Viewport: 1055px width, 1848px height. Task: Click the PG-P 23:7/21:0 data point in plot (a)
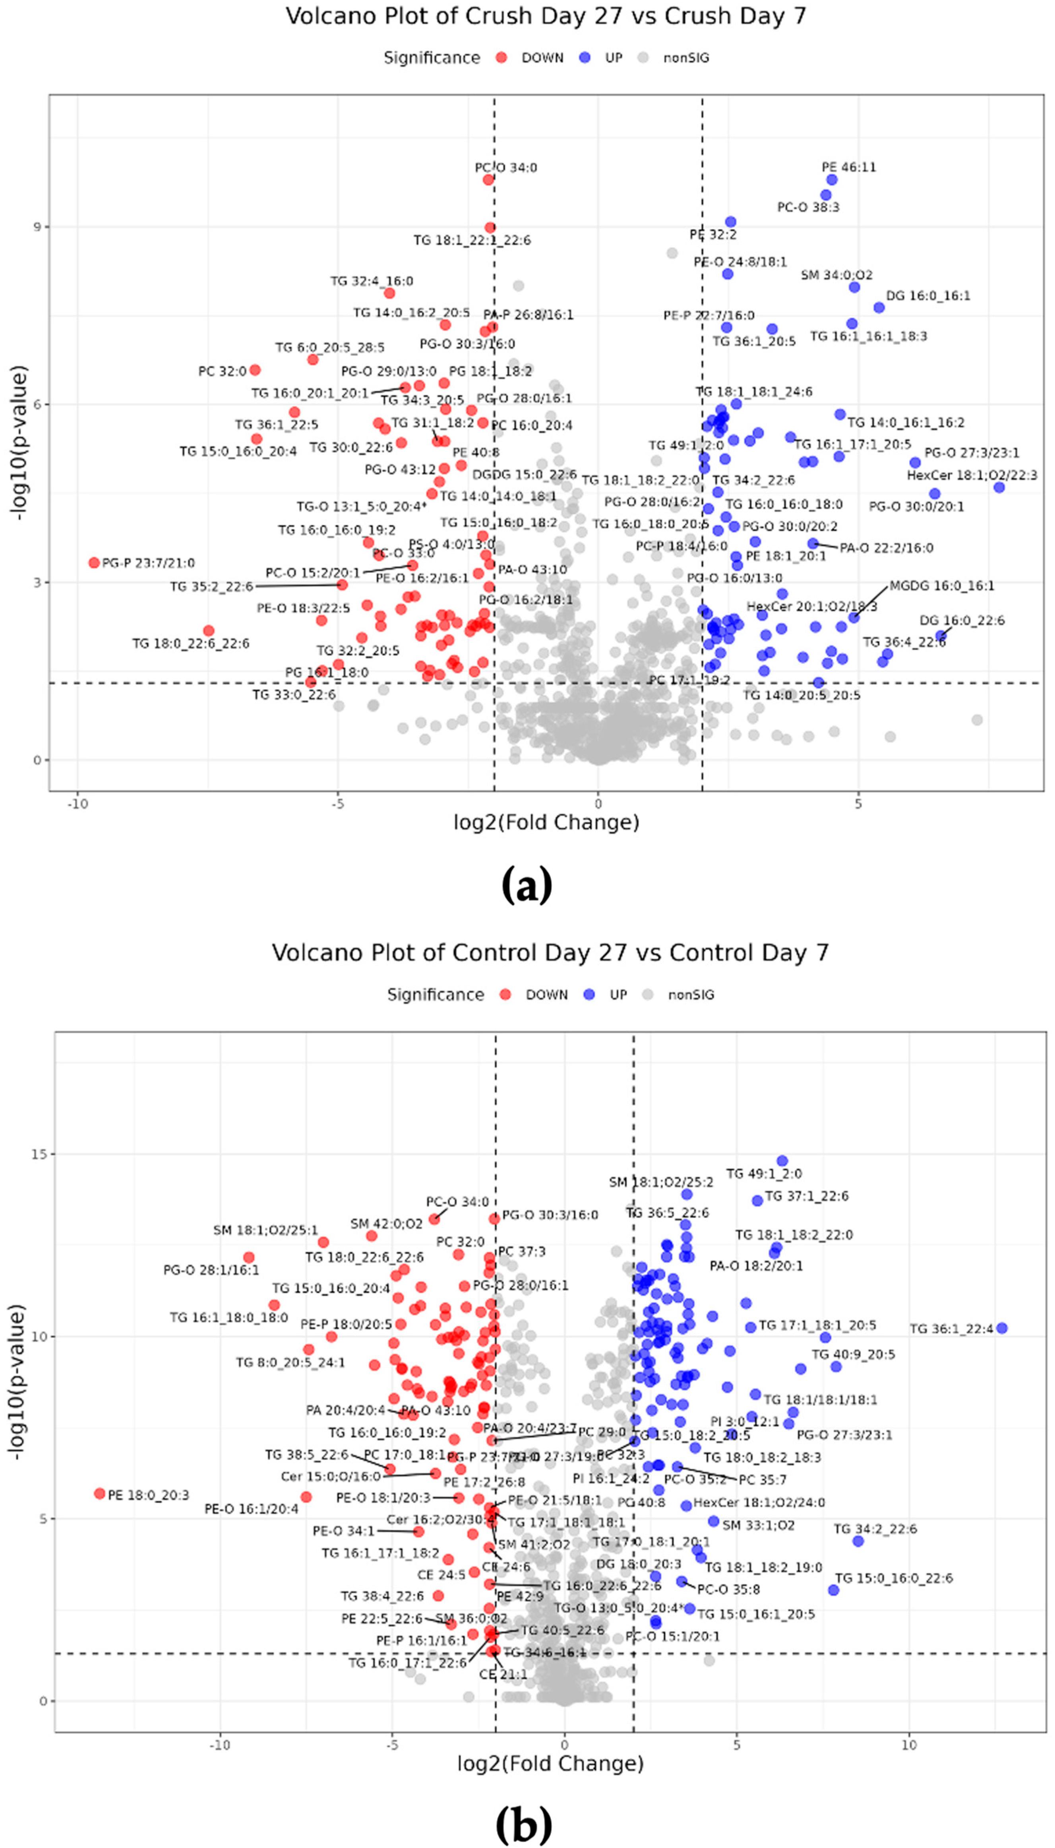pyautogui.click(x=93, y=563)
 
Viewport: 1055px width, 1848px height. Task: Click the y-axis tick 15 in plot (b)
pyautogui.click(x=38, y=1154)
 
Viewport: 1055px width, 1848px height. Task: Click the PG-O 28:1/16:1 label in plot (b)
pyautogui.click(x=211, y=1270)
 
